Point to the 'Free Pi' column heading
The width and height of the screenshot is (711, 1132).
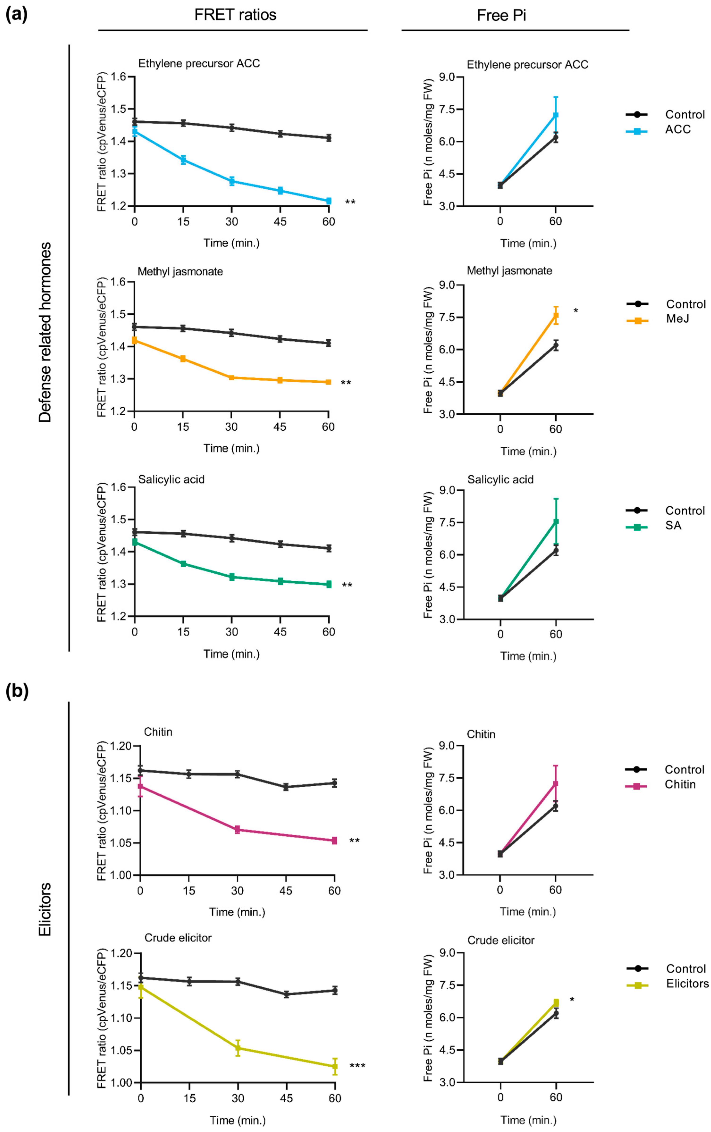[x=501, y=16]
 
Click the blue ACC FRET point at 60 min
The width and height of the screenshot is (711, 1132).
[x=328, y=201]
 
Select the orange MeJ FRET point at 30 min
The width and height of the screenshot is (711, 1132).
[x=232, y=377]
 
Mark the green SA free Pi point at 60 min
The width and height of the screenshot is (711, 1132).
[x=556, y=522]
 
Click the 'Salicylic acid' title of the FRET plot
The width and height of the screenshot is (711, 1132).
[x=171, y=479]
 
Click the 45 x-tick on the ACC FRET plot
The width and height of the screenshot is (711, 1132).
[x=280, y=221]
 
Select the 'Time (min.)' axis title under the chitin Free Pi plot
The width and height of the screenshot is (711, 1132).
[x=528, y=912]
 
